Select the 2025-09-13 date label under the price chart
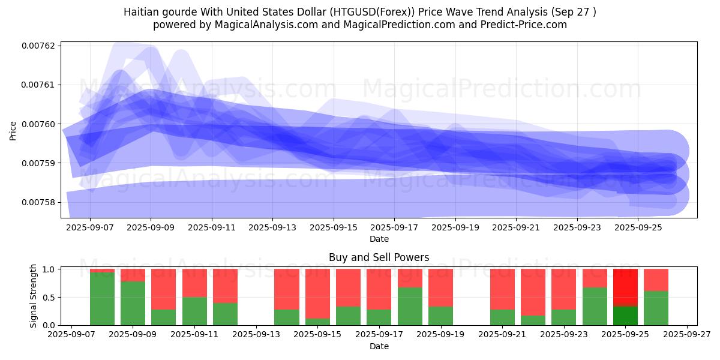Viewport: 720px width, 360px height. point(272,227)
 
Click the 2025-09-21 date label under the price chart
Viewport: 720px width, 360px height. point(516,227)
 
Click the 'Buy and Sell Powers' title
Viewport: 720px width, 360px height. point(379,257)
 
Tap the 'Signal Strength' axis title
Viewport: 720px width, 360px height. point(34,296)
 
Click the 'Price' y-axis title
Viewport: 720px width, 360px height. point(13,130)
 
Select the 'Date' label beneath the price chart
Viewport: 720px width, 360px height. point(379,239)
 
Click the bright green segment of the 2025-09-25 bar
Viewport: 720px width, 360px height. point(625,316)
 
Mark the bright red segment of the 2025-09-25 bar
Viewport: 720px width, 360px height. point(625,287)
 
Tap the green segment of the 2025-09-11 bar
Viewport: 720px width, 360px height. point(194,311)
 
